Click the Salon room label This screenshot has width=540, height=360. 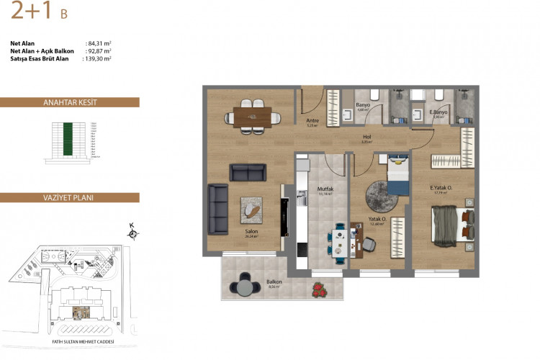251,231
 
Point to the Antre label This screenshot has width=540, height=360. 312,121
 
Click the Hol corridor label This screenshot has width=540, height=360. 366,138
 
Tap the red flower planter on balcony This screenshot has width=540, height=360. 318,289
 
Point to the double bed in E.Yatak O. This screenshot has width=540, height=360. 451,225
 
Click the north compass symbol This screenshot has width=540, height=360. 132,232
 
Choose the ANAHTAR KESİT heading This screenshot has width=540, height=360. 70,103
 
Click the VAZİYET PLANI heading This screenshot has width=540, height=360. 70,197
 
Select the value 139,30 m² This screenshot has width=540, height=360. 98,59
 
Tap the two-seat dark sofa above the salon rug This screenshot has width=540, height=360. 248,172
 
